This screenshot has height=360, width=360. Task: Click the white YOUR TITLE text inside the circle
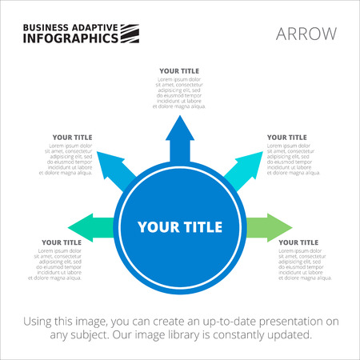tap(179, 226)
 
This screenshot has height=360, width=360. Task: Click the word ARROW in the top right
tap(306, 33)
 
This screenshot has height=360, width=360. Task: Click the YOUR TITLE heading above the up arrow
tap(179, 70)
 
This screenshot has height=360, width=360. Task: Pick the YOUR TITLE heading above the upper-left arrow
tap(73, 137)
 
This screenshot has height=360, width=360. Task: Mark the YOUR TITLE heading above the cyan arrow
tap(286, 137)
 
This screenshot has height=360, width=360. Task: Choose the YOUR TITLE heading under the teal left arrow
tap(62, 242)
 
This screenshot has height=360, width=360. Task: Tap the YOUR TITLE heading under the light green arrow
tap(298, 242)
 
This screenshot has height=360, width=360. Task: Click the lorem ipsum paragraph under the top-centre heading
tap(180, 93)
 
